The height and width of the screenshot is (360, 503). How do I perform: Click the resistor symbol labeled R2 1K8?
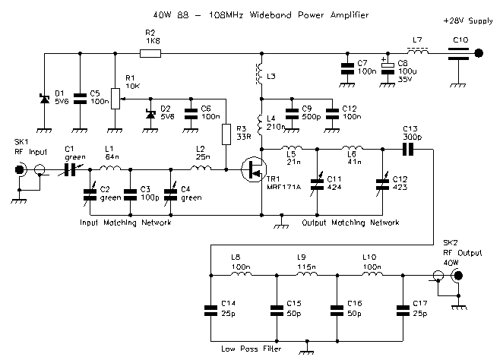(x=150, y=53)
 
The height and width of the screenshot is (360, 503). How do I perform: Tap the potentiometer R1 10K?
(x=114, y=98)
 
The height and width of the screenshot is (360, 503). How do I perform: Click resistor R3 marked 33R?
(x=226, y=134)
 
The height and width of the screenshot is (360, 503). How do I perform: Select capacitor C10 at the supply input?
(x=458, y=53)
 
